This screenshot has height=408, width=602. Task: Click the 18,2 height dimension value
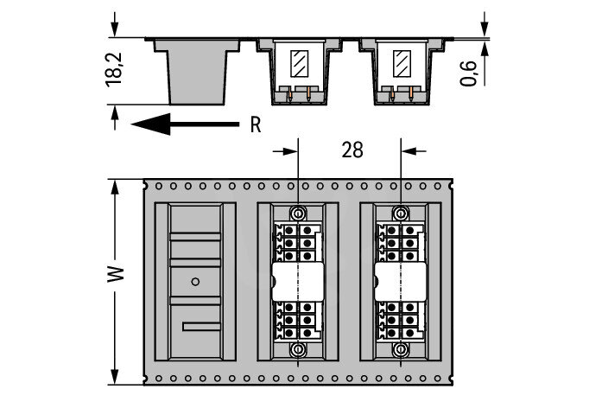coord(114,69)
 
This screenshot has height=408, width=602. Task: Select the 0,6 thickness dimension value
coord(469,73)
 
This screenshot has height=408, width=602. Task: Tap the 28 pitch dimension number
coord(352,150)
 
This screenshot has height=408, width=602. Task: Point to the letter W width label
coord(116,273)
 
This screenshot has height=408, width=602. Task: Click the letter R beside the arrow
coord(256,124)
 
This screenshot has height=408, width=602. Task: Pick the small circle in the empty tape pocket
coord(195,282)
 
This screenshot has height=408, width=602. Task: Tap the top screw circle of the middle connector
coord(298,213)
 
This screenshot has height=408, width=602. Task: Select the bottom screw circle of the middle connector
coord(298,349)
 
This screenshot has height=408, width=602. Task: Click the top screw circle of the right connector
coord(401,213)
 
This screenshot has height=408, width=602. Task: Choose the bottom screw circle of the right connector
coord(401,349)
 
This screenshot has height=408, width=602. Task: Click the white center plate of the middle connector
coord(297,282)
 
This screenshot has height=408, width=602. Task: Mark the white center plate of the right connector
coord(401,282)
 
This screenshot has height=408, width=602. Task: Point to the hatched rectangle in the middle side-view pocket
coord(299,63)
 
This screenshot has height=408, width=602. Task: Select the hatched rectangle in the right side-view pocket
coord(402,63)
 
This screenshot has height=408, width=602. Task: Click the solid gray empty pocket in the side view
coord(197,72)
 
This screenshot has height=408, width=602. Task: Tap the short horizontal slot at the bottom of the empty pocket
coord(201,327)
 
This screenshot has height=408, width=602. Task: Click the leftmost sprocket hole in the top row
coord(159,187)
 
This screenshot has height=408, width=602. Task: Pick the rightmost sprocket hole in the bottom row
coord(437,379)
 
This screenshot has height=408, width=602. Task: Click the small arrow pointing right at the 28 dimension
coord(285,151)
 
